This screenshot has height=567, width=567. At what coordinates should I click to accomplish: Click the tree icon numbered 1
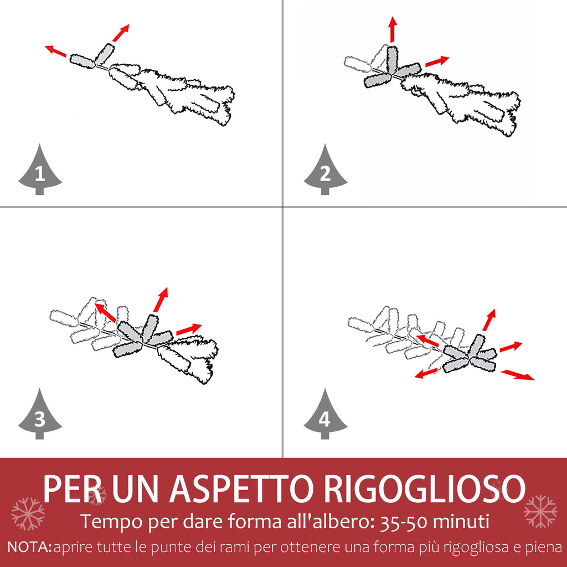[x=40, y=169]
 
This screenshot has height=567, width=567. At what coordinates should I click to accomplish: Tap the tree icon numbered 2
[x=326, y=169]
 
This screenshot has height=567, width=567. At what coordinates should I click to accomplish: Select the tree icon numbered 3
[x=40, y=414]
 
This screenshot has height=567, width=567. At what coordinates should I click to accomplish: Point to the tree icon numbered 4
[x=326, y=414]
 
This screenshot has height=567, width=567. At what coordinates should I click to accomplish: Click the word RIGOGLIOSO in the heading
[x=425, y=488]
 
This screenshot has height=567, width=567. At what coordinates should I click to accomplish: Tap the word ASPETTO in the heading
[x=241, y=488]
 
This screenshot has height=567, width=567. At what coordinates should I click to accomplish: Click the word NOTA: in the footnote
[x=30, y=547]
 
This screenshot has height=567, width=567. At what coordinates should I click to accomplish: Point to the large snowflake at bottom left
[x=28, y=513]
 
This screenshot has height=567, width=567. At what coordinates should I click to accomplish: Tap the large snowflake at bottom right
[x=540, y=511]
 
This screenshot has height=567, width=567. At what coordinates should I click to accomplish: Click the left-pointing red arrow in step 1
[x=56, y=51]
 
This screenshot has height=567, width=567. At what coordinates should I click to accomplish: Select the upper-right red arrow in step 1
[x=121, y=33]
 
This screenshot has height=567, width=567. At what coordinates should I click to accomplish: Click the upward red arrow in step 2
[x=393, y=29]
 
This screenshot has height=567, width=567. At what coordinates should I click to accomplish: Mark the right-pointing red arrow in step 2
[x=437, y=61]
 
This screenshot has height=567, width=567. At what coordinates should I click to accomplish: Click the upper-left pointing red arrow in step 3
[x=105, y=312]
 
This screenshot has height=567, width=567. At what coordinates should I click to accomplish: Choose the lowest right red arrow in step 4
[x=518, y=375]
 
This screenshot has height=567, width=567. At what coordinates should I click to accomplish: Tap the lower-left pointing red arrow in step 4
[x=426, y=373]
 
